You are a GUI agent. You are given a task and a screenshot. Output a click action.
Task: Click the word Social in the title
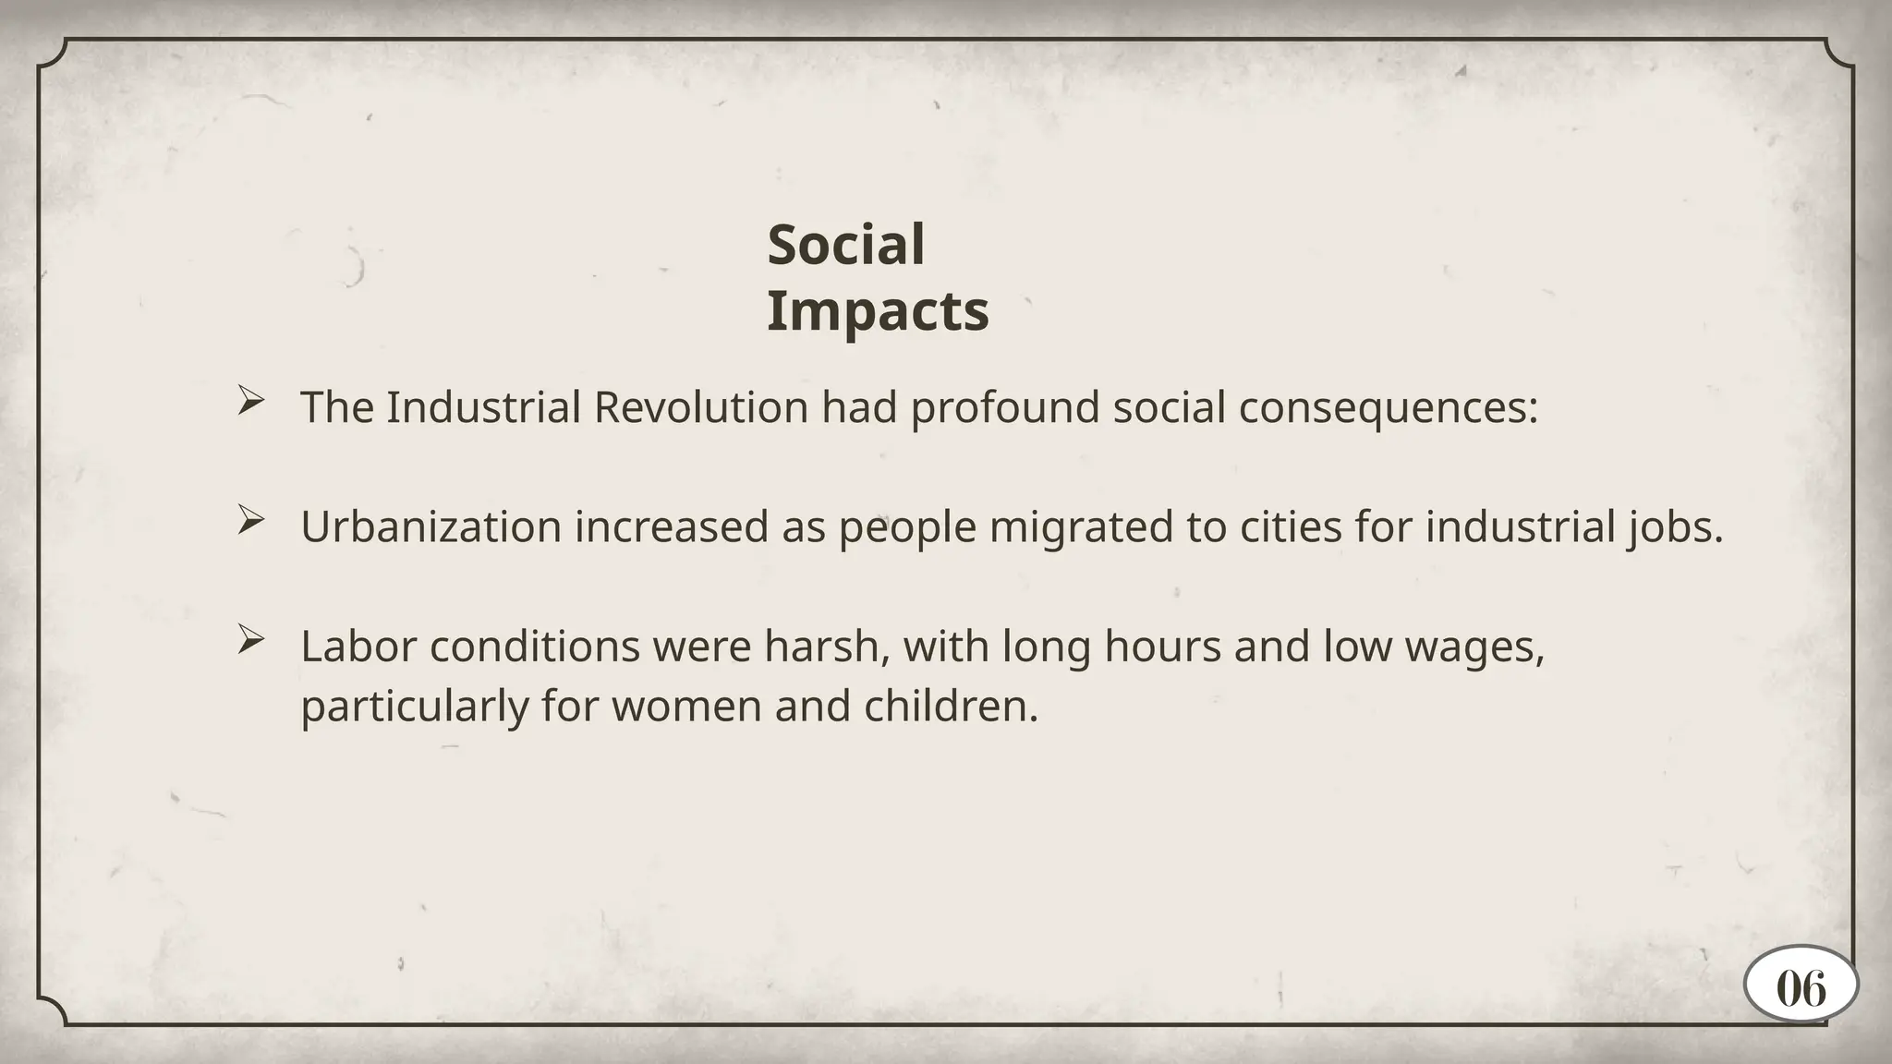click(845, 246)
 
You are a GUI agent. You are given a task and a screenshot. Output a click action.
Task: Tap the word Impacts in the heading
click(878, 311)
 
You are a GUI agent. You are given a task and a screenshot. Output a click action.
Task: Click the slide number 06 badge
click(1801, 989)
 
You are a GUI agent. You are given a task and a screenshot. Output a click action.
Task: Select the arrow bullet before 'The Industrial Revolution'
click(250, 401)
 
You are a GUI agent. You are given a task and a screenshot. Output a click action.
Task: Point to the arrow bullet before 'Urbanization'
click(250, 520)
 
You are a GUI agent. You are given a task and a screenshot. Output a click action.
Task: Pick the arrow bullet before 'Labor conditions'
click(250, 639)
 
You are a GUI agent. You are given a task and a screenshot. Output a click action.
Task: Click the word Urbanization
click(431, 527)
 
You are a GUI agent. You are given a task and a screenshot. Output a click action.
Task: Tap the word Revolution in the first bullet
click(701, 407)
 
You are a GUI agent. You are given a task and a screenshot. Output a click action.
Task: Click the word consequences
click(1388, 407)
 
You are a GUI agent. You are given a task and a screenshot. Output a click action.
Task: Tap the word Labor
click(358, 647)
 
